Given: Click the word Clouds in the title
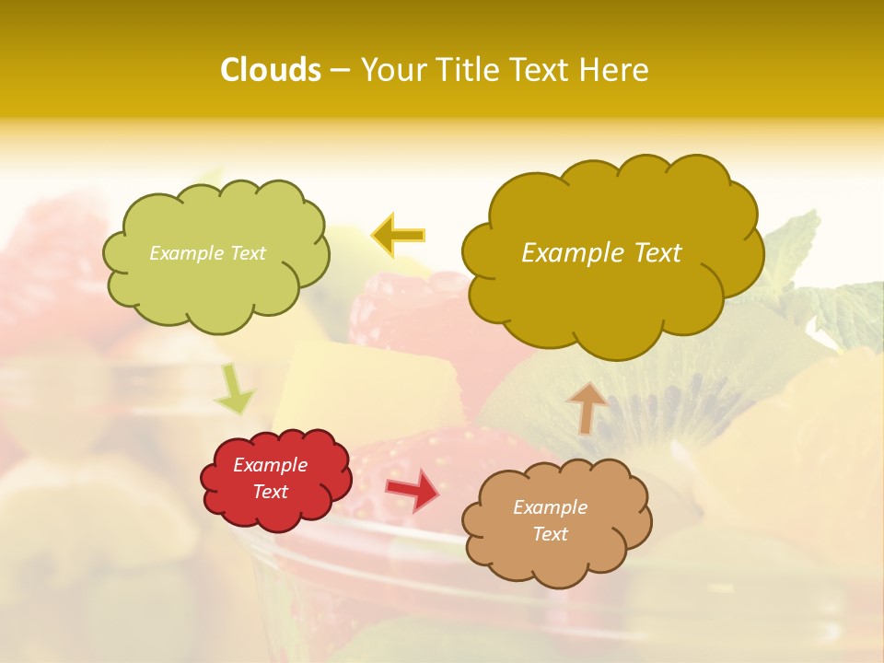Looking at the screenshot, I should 271,70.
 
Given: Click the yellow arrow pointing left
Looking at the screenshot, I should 399,236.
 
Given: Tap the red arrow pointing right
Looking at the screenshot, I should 413,490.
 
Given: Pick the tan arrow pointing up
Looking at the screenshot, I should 587,408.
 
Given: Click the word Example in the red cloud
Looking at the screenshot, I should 270,465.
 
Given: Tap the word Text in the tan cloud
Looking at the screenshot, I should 550,534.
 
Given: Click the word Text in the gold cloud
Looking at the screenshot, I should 651,253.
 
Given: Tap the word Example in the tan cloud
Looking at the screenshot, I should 550,507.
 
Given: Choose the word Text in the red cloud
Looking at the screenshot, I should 270,492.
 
